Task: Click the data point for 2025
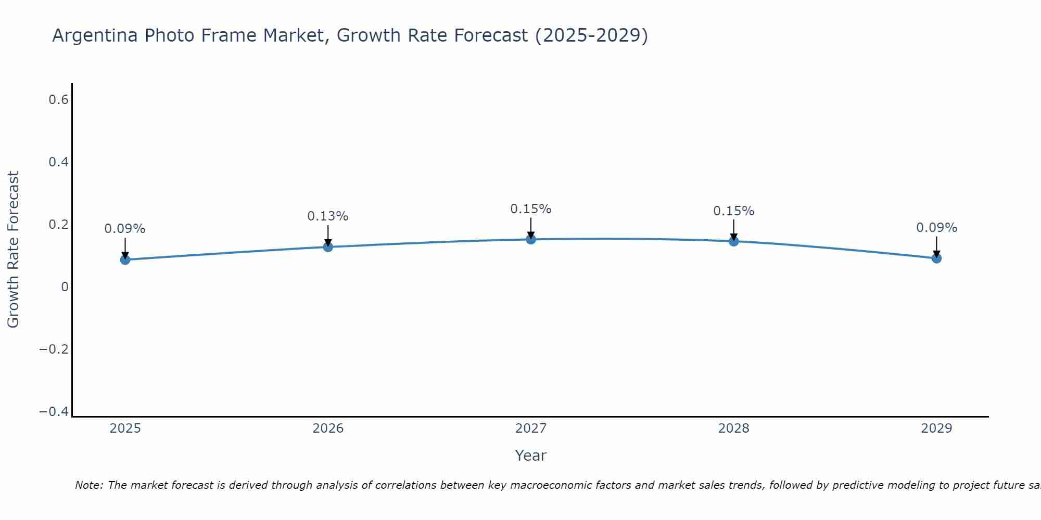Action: coord(125,259)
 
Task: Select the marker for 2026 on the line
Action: coord(328,247)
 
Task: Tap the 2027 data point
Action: coord(531,239)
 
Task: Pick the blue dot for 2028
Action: coord(734,241)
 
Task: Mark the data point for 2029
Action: coord(936,258)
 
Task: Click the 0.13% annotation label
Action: coord(327,216)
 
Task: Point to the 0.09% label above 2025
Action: coord(124,229)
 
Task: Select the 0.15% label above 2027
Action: coord(530,209)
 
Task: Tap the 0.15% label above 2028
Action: coord(733,211)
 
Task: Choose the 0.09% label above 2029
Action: coord(936,228)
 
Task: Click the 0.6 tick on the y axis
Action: coord(58,100)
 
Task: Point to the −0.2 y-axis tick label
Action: coord(54,349)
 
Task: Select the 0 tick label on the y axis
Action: coord(65,287)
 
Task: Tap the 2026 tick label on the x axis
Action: coord(328,428)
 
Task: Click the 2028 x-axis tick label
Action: coord(734,428)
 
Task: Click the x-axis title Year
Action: coord(530,456)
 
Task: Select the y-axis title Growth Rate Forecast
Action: coord(13,250)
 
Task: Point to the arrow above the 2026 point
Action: coord(328,235)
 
